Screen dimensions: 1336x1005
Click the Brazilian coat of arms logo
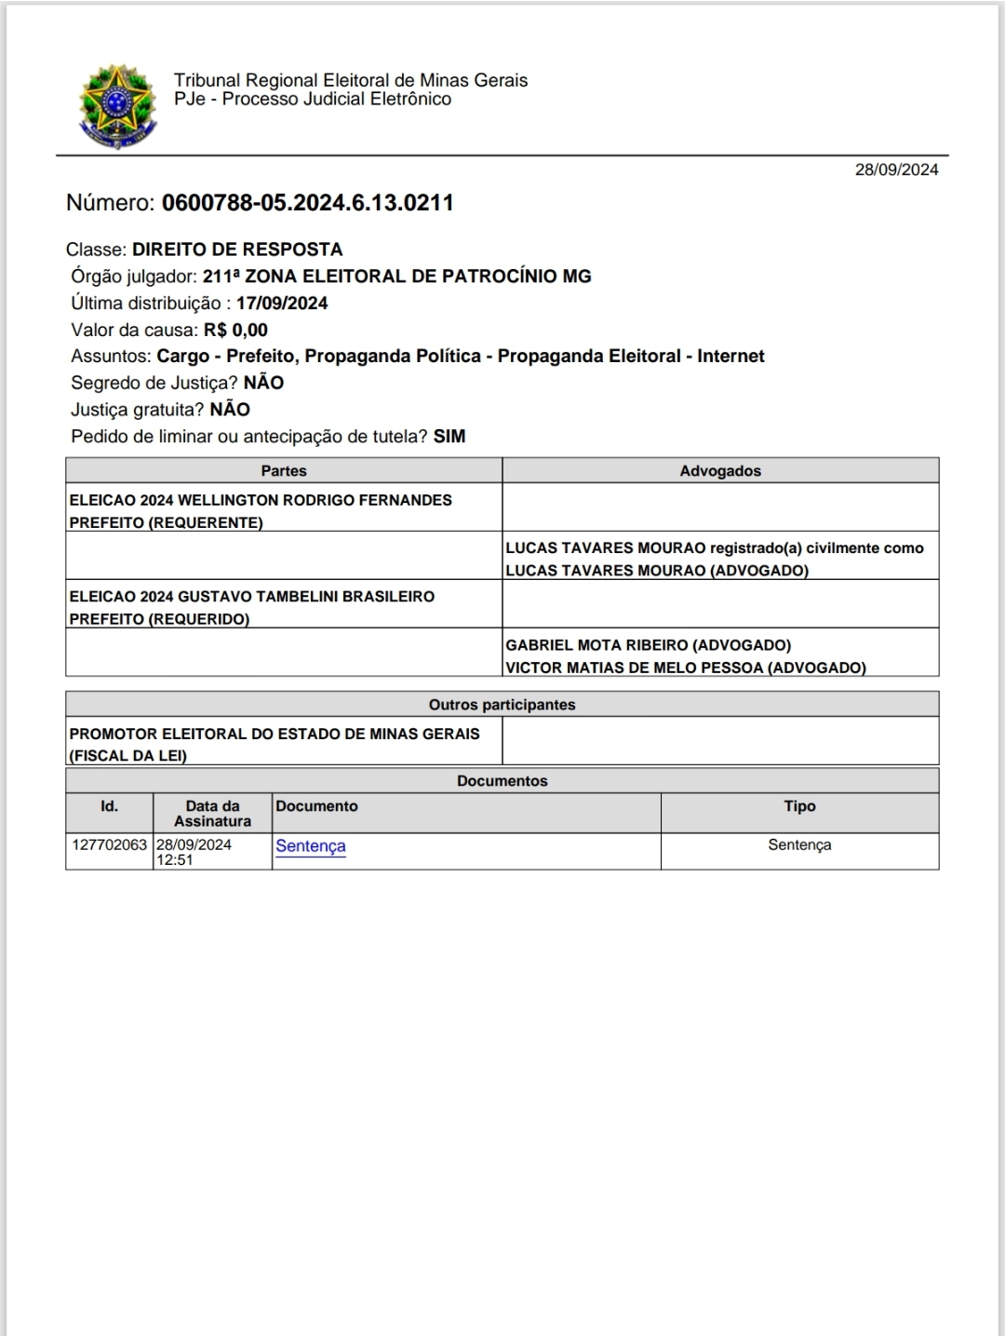[x=117, y=105]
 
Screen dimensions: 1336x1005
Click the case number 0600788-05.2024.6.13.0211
[x=307, y=203]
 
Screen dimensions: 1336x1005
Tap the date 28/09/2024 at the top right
[x=896, y=169]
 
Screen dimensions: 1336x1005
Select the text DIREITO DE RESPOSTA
[x=237, y=250]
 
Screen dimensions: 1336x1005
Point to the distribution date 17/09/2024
[x=282, y=304]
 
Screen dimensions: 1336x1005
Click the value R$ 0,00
[x=235, y=330]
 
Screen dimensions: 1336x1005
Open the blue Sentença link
[x=311, y=846]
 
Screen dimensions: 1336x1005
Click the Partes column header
[x=284, y=471]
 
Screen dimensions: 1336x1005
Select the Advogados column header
[x=720, y=471]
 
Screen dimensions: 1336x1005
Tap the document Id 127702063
[x=109, y=845]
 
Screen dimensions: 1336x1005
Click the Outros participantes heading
[x=502, y=705]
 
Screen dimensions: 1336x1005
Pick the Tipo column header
[x=799, y=806]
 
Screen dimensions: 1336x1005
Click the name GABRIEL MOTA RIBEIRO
[x=598, y=645]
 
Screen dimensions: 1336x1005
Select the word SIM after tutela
[x=449, y=437]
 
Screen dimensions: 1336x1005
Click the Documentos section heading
[x=502, y=781]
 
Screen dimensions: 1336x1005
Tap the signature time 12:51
[x=175, y=860]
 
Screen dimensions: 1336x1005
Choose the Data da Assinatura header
[x=212, y=814]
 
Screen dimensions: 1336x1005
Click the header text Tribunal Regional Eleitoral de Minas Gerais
[x=351, y=81]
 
